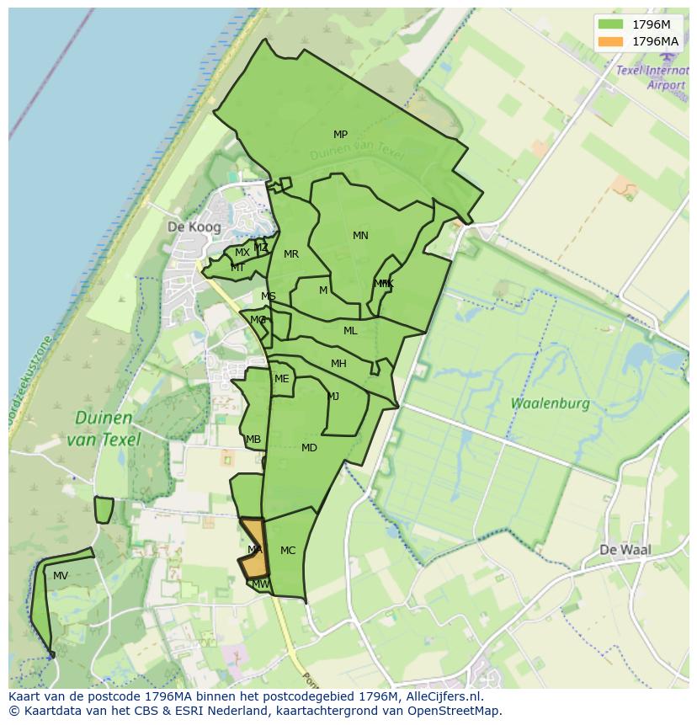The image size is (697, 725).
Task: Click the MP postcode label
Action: tap(340, 135)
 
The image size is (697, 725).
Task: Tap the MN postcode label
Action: tap(360, 236)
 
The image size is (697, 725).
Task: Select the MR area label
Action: tap(291, 254)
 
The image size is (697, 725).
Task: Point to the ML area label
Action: tap(350, 331)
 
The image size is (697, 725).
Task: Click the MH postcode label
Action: tap(338, 364)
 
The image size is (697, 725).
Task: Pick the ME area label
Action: tap(281, 379)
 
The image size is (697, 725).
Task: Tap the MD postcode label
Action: tap(309, 448)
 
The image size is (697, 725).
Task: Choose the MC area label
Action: tap(288, 551)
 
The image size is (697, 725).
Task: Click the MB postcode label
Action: tap(253, 440)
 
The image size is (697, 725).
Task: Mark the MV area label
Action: tap(61, 576)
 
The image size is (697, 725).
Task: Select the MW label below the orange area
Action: tap(261, 584)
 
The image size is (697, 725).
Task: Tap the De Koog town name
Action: tap(194, 227)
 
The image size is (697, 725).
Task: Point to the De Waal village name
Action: tap(625, 550)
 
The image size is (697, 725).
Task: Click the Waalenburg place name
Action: tap(551, 403)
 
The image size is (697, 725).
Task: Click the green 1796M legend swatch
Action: tap(610, 24)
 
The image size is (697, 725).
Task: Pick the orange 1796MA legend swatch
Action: tap(610, 41)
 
